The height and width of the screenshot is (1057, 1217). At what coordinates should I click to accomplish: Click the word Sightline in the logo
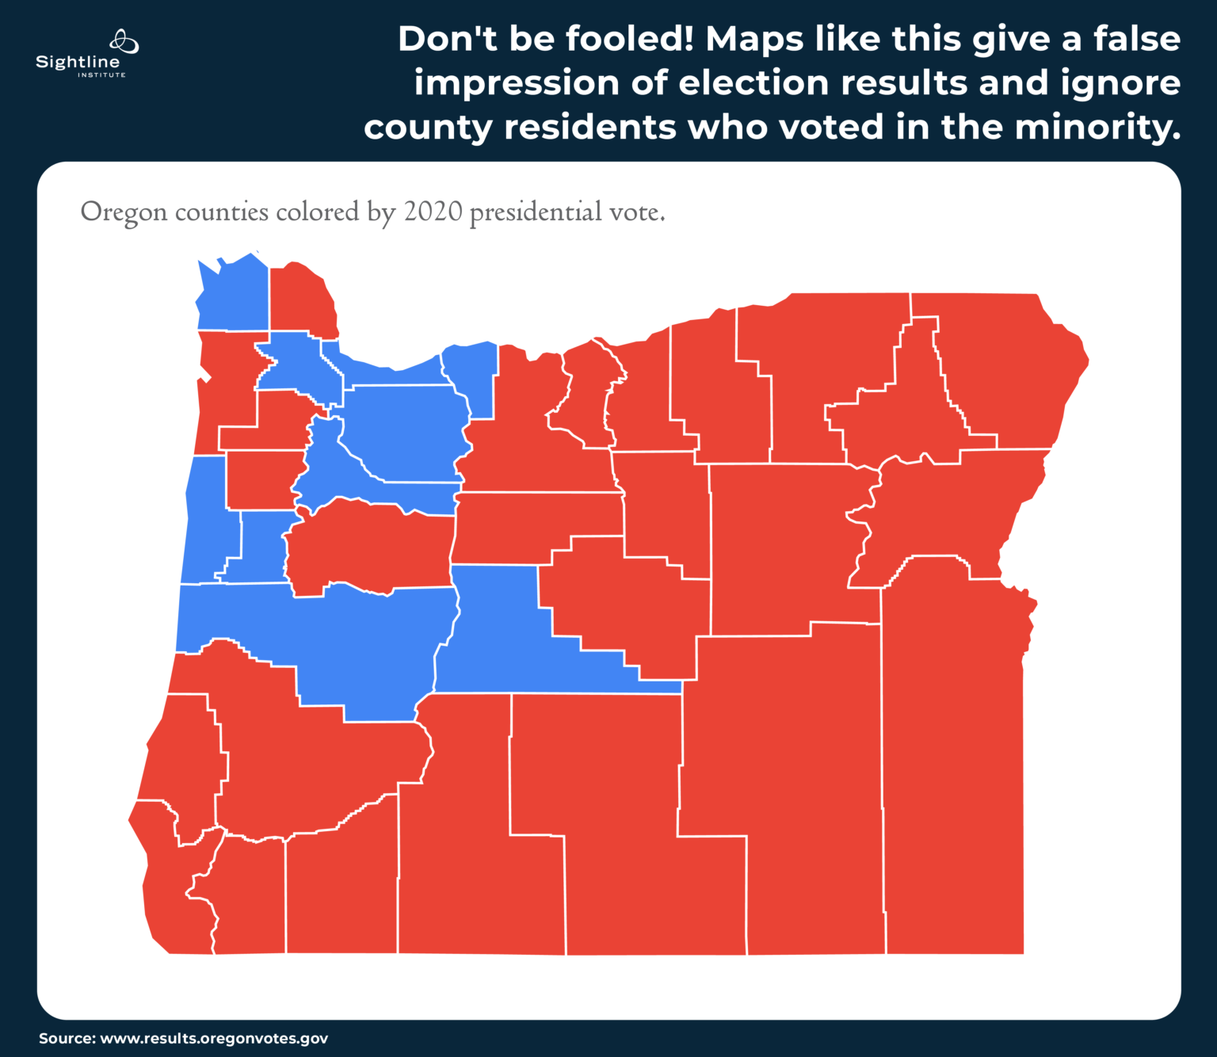[x=78, y=62]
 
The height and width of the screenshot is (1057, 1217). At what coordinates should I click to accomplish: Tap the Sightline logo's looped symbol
[x=124, y=40]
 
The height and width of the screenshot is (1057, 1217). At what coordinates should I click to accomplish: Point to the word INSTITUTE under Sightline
[x=101, y=75]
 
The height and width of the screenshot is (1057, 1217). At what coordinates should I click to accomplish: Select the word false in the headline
[x=1137, y=39]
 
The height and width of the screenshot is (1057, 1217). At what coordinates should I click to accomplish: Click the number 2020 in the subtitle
[x=433, y=212]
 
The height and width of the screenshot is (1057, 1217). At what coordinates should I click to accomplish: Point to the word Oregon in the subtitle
[x=124, y=212]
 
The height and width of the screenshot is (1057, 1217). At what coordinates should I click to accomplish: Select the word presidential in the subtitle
[x=536, y=212]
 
